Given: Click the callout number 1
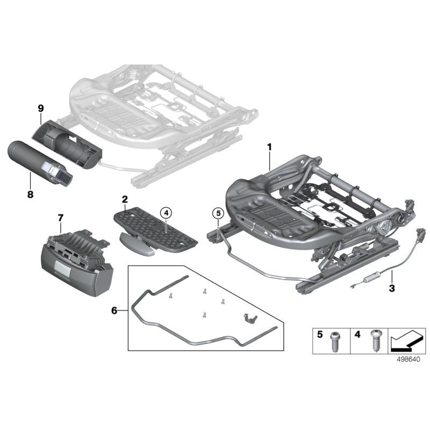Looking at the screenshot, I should coord(270,147).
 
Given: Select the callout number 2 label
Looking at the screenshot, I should coord(125,199).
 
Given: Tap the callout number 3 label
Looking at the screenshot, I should coord(392,289).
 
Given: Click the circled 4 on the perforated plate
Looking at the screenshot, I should coord(167,213).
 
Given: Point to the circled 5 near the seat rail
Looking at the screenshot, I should coord(217,213).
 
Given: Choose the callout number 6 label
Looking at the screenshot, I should coord(113,311).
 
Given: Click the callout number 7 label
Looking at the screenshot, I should coord(60,217).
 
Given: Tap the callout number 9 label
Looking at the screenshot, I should coord(40,108).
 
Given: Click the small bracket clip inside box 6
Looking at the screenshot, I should coord(248,318).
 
